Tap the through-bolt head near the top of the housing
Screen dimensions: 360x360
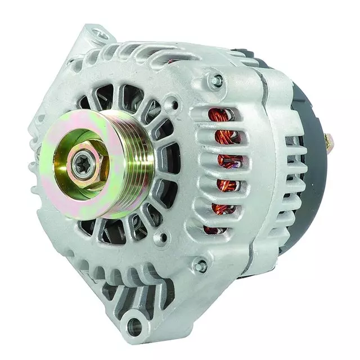pyautogui.click(x=215, y=80)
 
